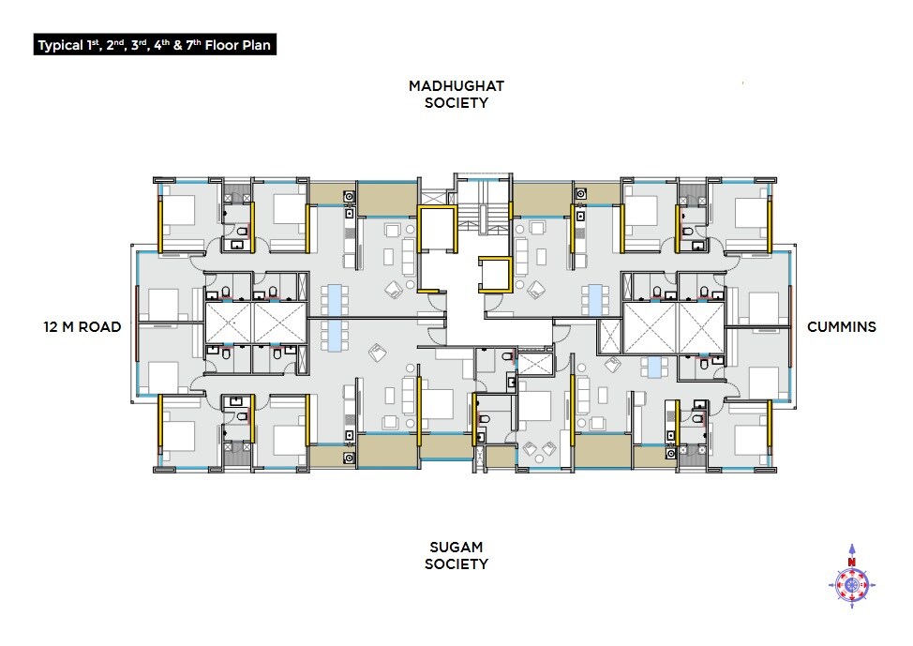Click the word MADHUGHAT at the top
pos(456,86)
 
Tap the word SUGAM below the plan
pos(456,547)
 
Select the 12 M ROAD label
pos(82,327)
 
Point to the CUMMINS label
pos(842,327)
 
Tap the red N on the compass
pos(852,563)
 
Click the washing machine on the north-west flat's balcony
pos(349,197)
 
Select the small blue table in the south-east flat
pos(652,367)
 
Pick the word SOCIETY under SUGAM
pos(456,564)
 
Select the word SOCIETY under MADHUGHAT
pos(456,103)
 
